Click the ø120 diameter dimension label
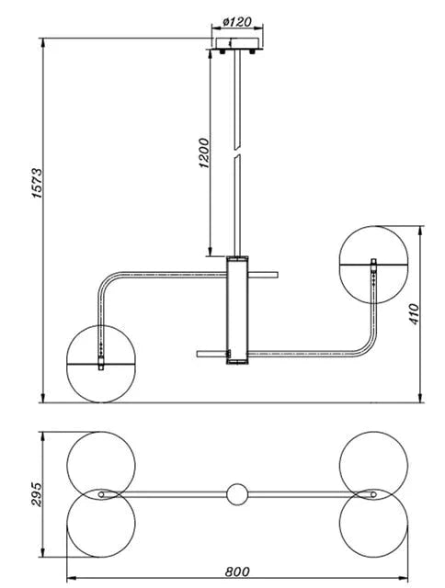tap(237, 22)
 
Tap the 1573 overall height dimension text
tap(37, 184)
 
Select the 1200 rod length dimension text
tap(203, 153)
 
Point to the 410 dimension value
tap(414, 314)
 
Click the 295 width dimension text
tap(37, 494)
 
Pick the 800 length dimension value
tap(237, 571)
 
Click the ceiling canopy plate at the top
tap(237, 43)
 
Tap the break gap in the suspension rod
tap(237, 152)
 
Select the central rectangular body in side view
tap(237, 310)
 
